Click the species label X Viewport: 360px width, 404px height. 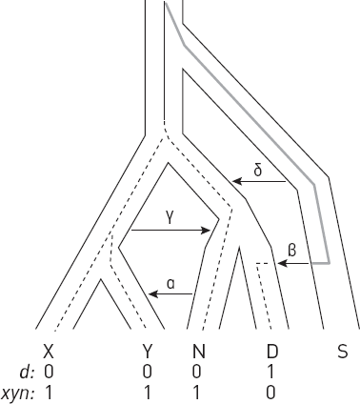pyautogui.click(x=48, y=352)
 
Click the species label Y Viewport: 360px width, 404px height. pyautogui.click(x=147, y=352)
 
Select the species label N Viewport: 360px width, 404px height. pyautogui.click(x=199, y=352)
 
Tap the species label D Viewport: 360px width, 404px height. pyautogui.click(x=272, y=352)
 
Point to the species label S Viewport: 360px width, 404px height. pyautogui.click(x=342, y=352)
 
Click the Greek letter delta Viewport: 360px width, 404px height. pyautogui.click(x=258, y=171)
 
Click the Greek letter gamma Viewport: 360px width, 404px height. pyautogui.click(x=170, y=218)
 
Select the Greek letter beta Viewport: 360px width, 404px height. pyautogui.click(x=291, y=250)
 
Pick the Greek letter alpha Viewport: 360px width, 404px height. pyautogui.click(x=170, y=284)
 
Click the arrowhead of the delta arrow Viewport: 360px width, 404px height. pyautogui.click(x=236, y=181)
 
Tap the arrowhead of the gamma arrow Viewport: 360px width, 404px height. pyautogui.click(x=207, y=230)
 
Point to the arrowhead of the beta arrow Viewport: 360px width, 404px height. pyautogui.click(x=282, y=263)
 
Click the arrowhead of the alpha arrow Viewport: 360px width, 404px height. pyautogui.click(x=152, y=294)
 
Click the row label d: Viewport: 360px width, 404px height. pyautogui.click(x=27, y=372)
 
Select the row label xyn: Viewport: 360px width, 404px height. pyautogui.click(x=18, y=394)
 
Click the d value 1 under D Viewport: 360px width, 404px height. pyautogui.click(x=270, y=372)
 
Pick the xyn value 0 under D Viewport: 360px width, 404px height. pyautogui.click(x=270, y=393)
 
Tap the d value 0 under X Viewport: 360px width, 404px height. pyautogui.click(x=49, y=372)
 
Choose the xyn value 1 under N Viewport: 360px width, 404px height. pyautogui.click(x=197, y=393)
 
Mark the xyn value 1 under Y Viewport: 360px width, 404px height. pyautogui.click(x=147, y=393)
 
